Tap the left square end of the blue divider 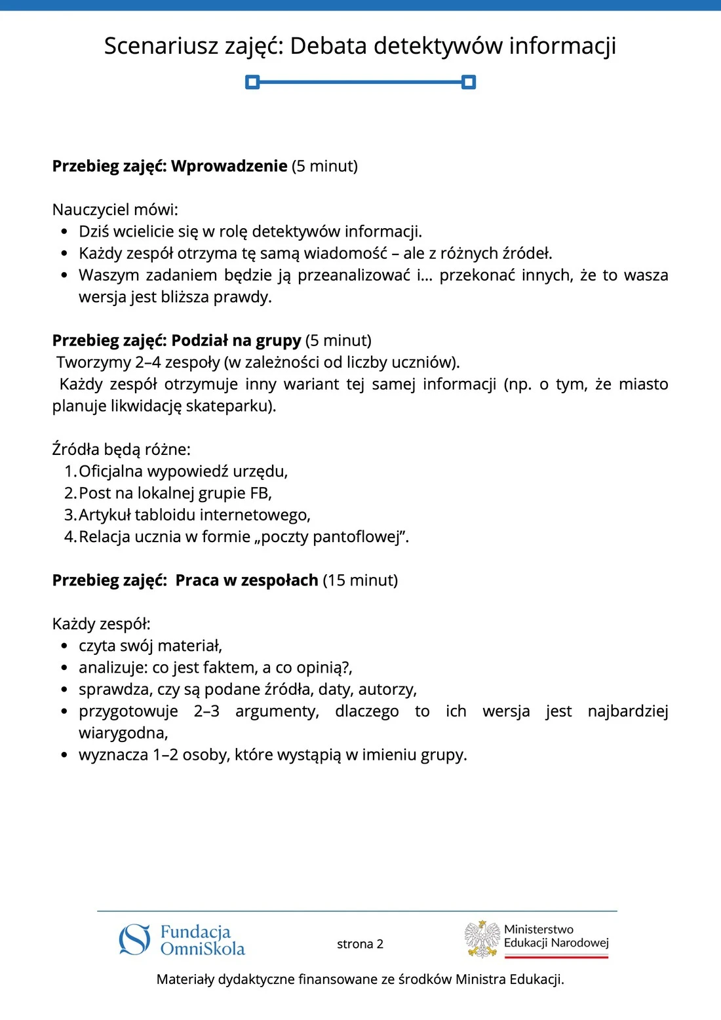252,82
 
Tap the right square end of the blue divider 468,82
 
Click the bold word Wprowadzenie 229,166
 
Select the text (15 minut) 360,580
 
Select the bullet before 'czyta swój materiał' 64,646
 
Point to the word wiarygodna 123,733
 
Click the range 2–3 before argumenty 206,711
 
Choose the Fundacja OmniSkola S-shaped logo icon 134,939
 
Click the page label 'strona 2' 360,944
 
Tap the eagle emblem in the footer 482,939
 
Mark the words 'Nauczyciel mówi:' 115,210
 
